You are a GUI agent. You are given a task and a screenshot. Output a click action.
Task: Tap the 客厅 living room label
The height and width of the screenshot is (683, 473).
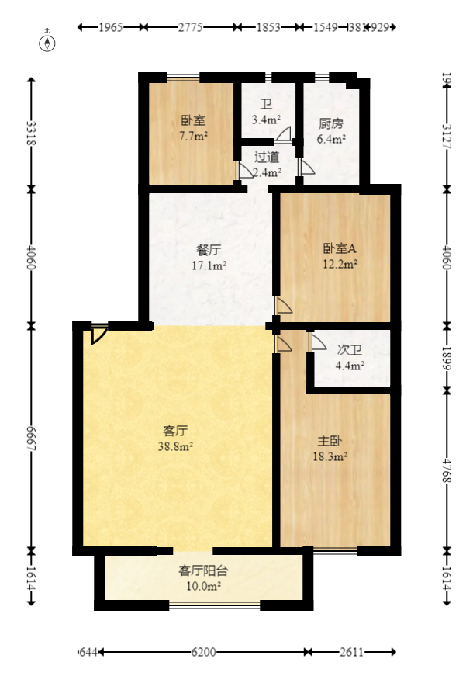coord(176,430)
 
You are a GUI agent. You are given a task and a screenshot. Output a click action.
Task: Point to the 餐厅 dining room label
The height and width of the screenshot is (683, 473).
coord(209,251)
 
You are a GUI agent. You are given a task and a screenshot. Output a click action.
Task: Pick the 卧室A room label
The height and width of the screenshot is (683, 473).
coord(340,249)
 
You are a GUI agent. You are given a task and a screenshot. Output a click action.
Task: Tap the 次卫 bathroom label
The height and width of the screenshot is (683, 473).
coord(350,350)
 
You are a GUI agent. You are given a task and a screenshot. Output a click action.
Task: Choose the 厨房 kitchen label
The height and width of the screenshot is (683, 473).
coord(331,123)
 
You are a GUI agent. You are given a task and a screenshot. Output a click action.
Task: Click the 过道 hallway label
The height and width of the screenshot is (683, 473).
coord(267,157)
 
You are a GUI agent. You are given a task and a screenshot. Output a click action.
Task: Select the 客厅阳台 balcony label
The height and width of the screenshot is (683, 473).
coord(203,570)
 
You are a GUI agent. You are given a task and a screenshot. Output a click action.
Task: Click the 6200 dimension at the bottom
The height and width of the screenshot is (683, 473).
coord(203,653)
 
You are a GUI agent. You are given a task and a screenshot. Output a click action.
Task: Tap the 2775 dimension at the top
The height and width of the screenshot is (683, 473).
coord(190,27)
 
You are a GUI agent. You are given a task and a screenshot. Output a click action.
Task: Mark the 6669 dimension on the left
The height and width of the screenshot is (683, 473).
coord(32,436)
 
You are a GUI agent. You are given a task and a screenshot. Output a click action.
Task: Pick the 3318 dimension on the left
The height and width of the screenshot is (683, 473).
coord(32,133)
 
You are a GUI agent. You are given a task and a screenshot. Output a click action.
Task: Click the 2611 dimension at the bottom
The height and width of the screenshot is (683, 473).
coord(350,653)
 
